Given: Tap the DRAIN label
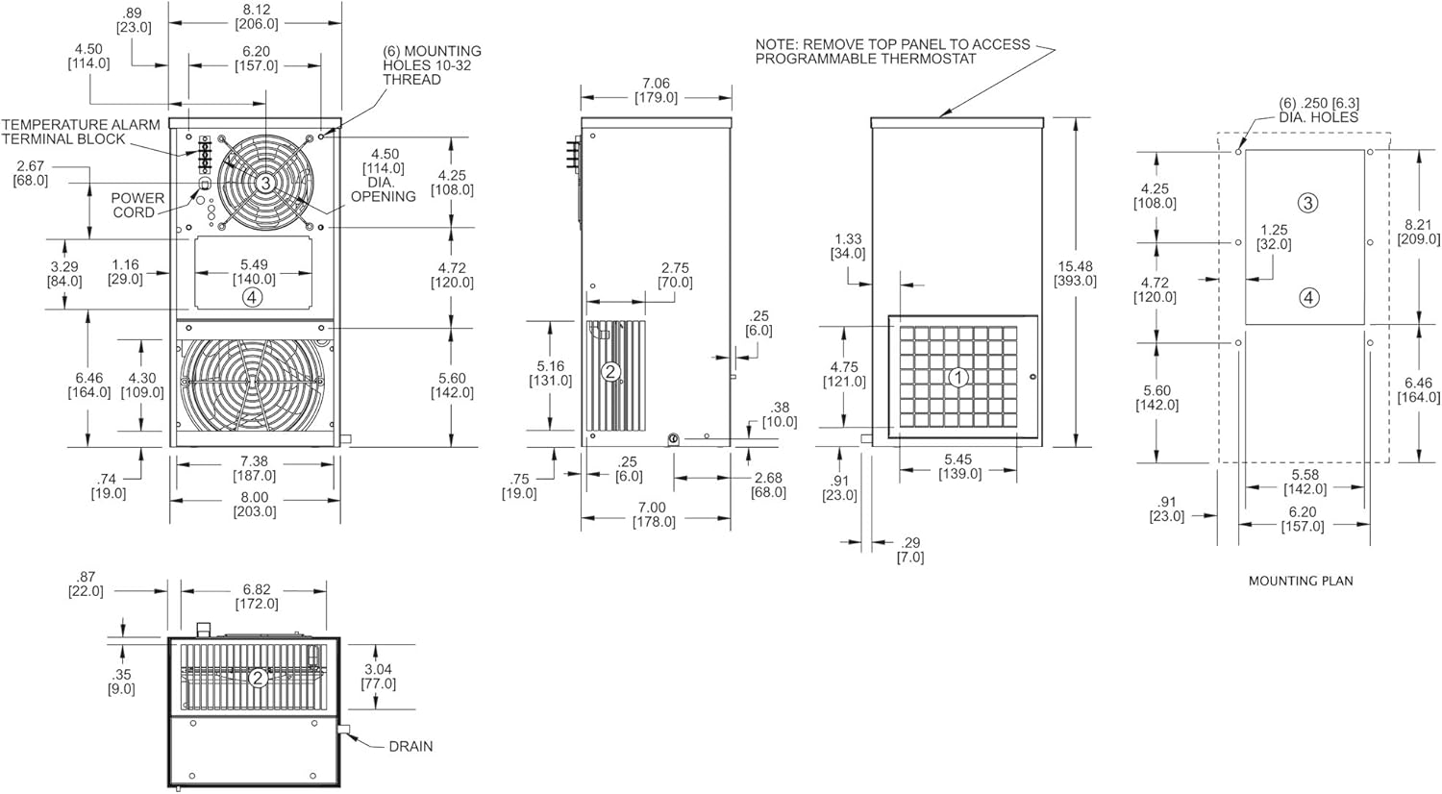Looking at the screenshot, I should pyautogui.click(x=410, y=746).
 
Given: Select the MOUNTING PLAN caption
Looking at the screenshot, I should pyautogui.click(x=1300, y=581).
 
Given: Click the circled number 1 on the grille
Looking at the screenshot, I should pyautogui.click(x=957, y=378).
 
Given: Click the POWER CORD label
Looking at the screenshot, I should pyautogui.click(x=137, y=205).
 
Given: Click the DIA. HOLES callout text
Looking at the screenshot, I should pyautogui.click(x=1318, y=117).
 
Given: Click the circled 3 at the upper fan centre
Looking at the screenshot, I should pyautogui.click(x=265, y=182).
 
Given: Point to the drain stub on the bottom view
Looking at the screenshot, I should pyautogui.click(x=343, y=732).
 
